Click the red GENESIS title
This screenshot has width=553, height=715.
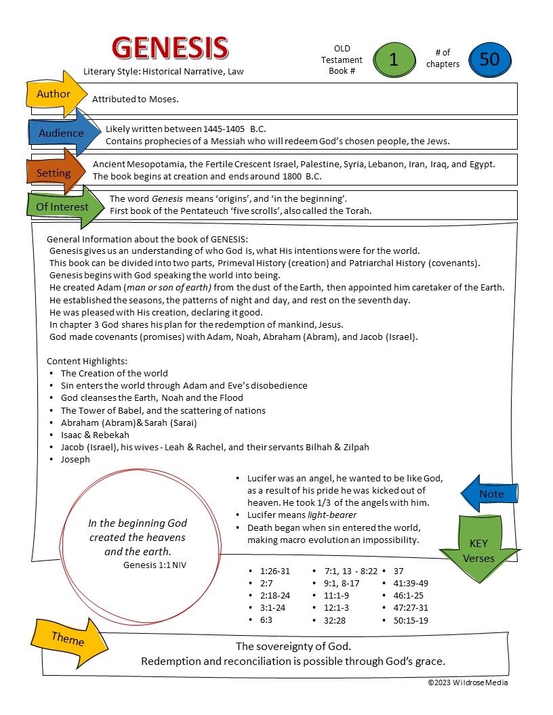point(169,48)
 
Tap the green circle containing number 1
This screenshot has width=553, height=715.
point(393,60)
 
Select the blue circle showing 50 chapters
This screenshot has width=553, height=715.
point(489,60)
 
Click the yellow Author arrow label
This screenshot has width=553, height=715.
point(54,94)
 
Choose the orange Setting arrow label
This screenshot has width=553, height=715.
point(54,173)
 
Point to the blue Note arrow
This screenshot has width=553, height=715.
point(491,494)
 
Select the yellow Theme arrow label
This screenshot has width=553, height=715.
point(68,639)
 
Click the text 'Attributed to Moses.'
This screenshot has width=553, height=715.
point(136,100)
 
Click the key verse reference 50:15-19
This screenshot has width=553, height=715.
point(411,620)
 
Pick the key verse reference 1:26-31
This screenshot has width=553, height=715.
point(274,571)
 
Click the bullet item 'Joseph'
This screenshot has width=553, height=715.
point(75,460)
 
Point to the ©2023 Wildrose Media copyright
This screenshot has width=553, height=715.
point(468,682)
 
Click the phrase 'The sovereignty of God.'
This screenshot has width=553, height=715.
point(293,647)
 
